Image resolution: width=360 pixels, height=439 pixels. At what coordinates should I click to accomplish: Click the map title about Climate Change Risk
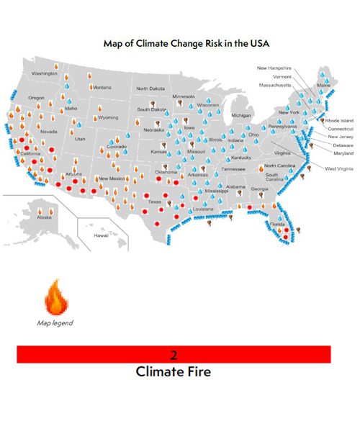pos(186,43)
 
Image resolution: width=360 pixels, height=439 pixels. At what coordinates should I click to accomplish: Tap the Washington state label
pos(44,73)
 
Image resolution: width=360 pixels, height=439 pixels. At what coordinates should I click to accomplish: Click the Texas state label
pos(155,202)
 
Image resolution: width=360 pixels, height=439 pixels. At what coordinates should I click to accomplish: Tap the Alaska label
pos(44,217)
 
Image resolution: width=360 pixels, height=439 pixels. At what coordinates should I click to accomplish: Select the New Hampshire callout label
pos(274,68)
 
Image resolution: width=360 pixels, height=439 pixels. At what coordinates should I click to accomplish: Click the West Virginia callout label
pos(339,168)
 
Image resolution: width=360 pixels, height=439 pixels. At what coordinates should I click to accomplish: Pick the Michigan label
pos(241,115)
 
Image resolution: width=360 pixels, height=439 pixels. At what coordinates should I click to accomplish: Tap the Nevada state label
pos(48,132)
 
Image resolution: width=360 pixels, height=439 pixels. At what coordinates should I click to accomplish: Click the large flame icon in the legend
pos(55,296)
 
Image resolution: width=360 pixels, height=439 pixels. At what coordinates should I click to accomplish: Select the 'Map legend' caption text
pos(55,323)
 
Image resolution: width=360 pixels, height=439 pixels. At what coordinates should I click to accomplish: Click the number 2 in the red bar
pos(174,355)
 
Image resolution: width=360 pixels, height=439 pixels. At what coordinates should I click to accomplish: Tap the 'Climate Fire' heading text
pos(173,372)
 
